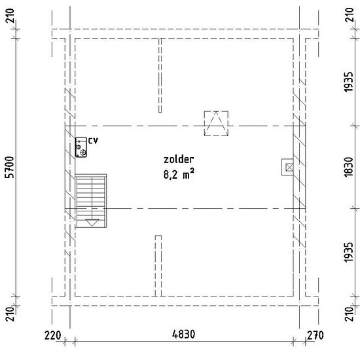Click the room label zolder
tap(179, 159)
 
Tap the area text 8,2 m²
tap(179, 174)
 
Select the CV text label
tap(93, 141)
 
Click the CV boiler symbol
tap(81, 147)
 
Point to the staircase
tap(91, 201)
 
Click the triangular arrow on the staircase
tap(92, 223)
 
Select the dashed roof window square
tap(216, 124)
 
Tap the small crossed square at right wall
tap(289, 168)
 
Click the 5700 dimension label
tap(10, 167)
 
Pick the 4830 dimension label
tap(183, 334)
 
